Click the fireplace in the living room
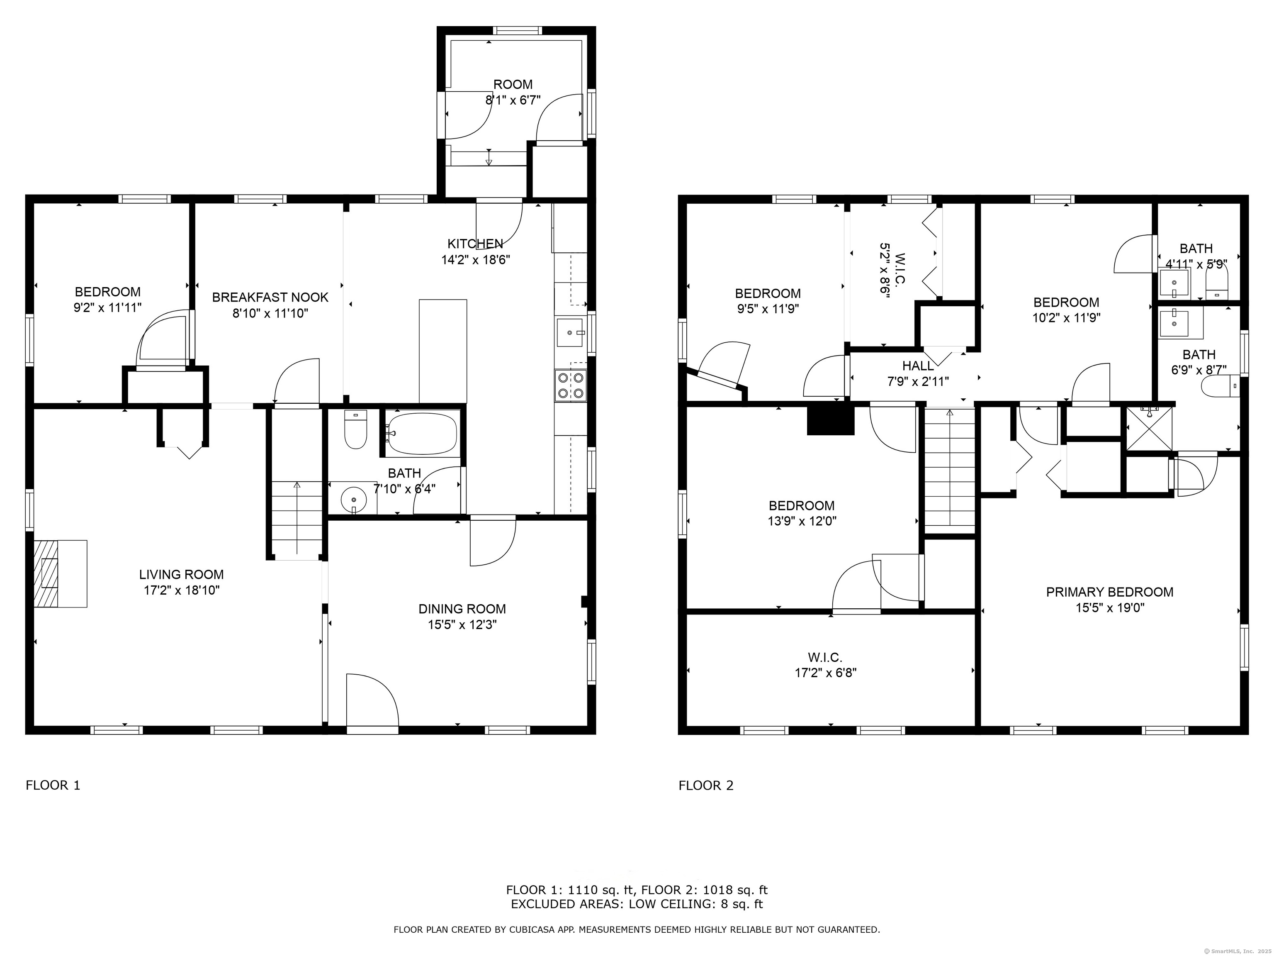[x=59, y=573]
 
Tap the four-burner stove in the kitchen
[x=570, y=385]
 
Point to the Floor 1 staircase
[x=297, y=519]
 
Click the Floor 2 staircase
[x=950, y=470]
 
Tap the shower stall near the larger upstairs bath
[x=1149, y=429]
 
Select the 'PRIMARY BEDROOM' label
[x=1109, y=592]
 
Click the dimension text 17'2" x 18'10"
[x=181, y=590]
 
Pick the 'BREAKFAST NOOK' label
[x=270, y=298]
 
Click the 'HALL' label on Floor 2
[x=918, y=365]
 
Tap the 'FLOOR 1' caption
[x=53, y=785]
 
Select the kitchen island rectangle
[x=442, y=350]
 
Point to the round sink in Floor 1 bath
[x=353, y=498]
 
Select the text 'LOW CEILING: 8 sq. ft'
[x=696, y=904]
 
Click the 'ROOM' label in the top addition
[x=513, y=85]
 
